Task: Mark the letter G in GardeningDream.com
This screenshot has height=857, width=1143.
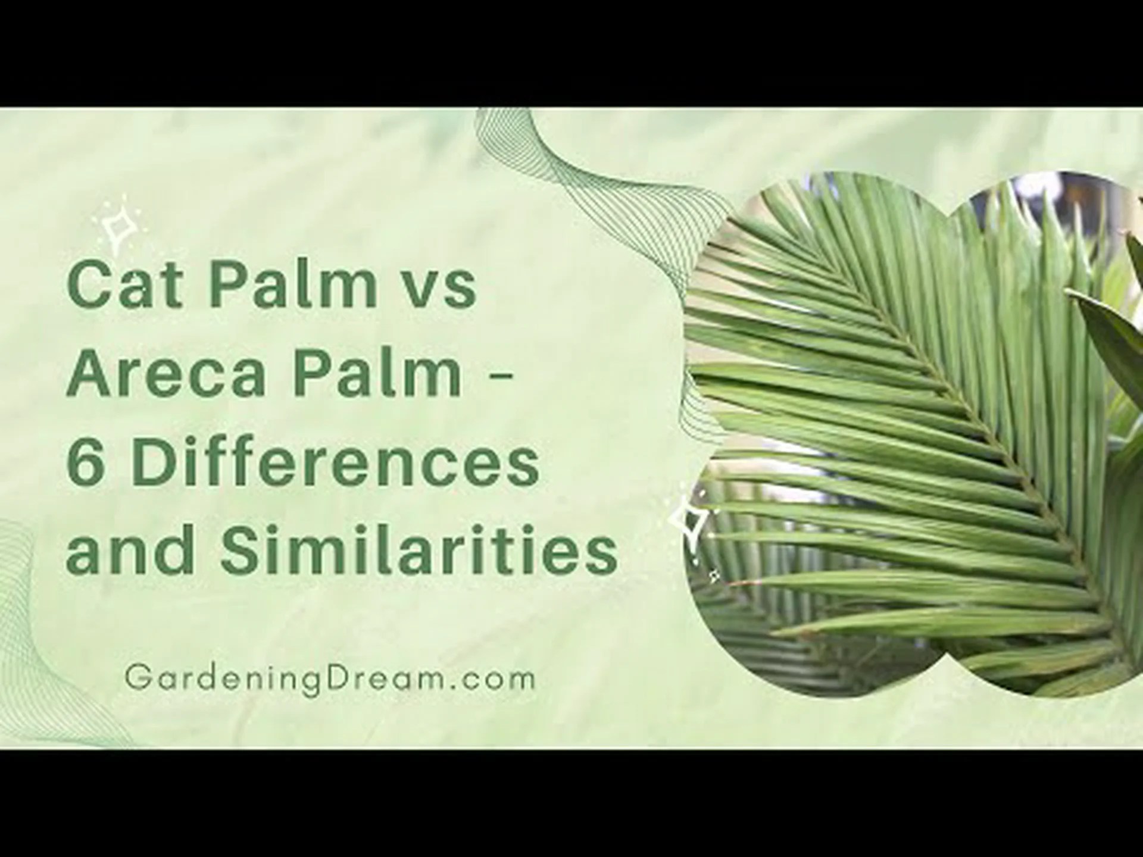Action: (136, 679)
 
